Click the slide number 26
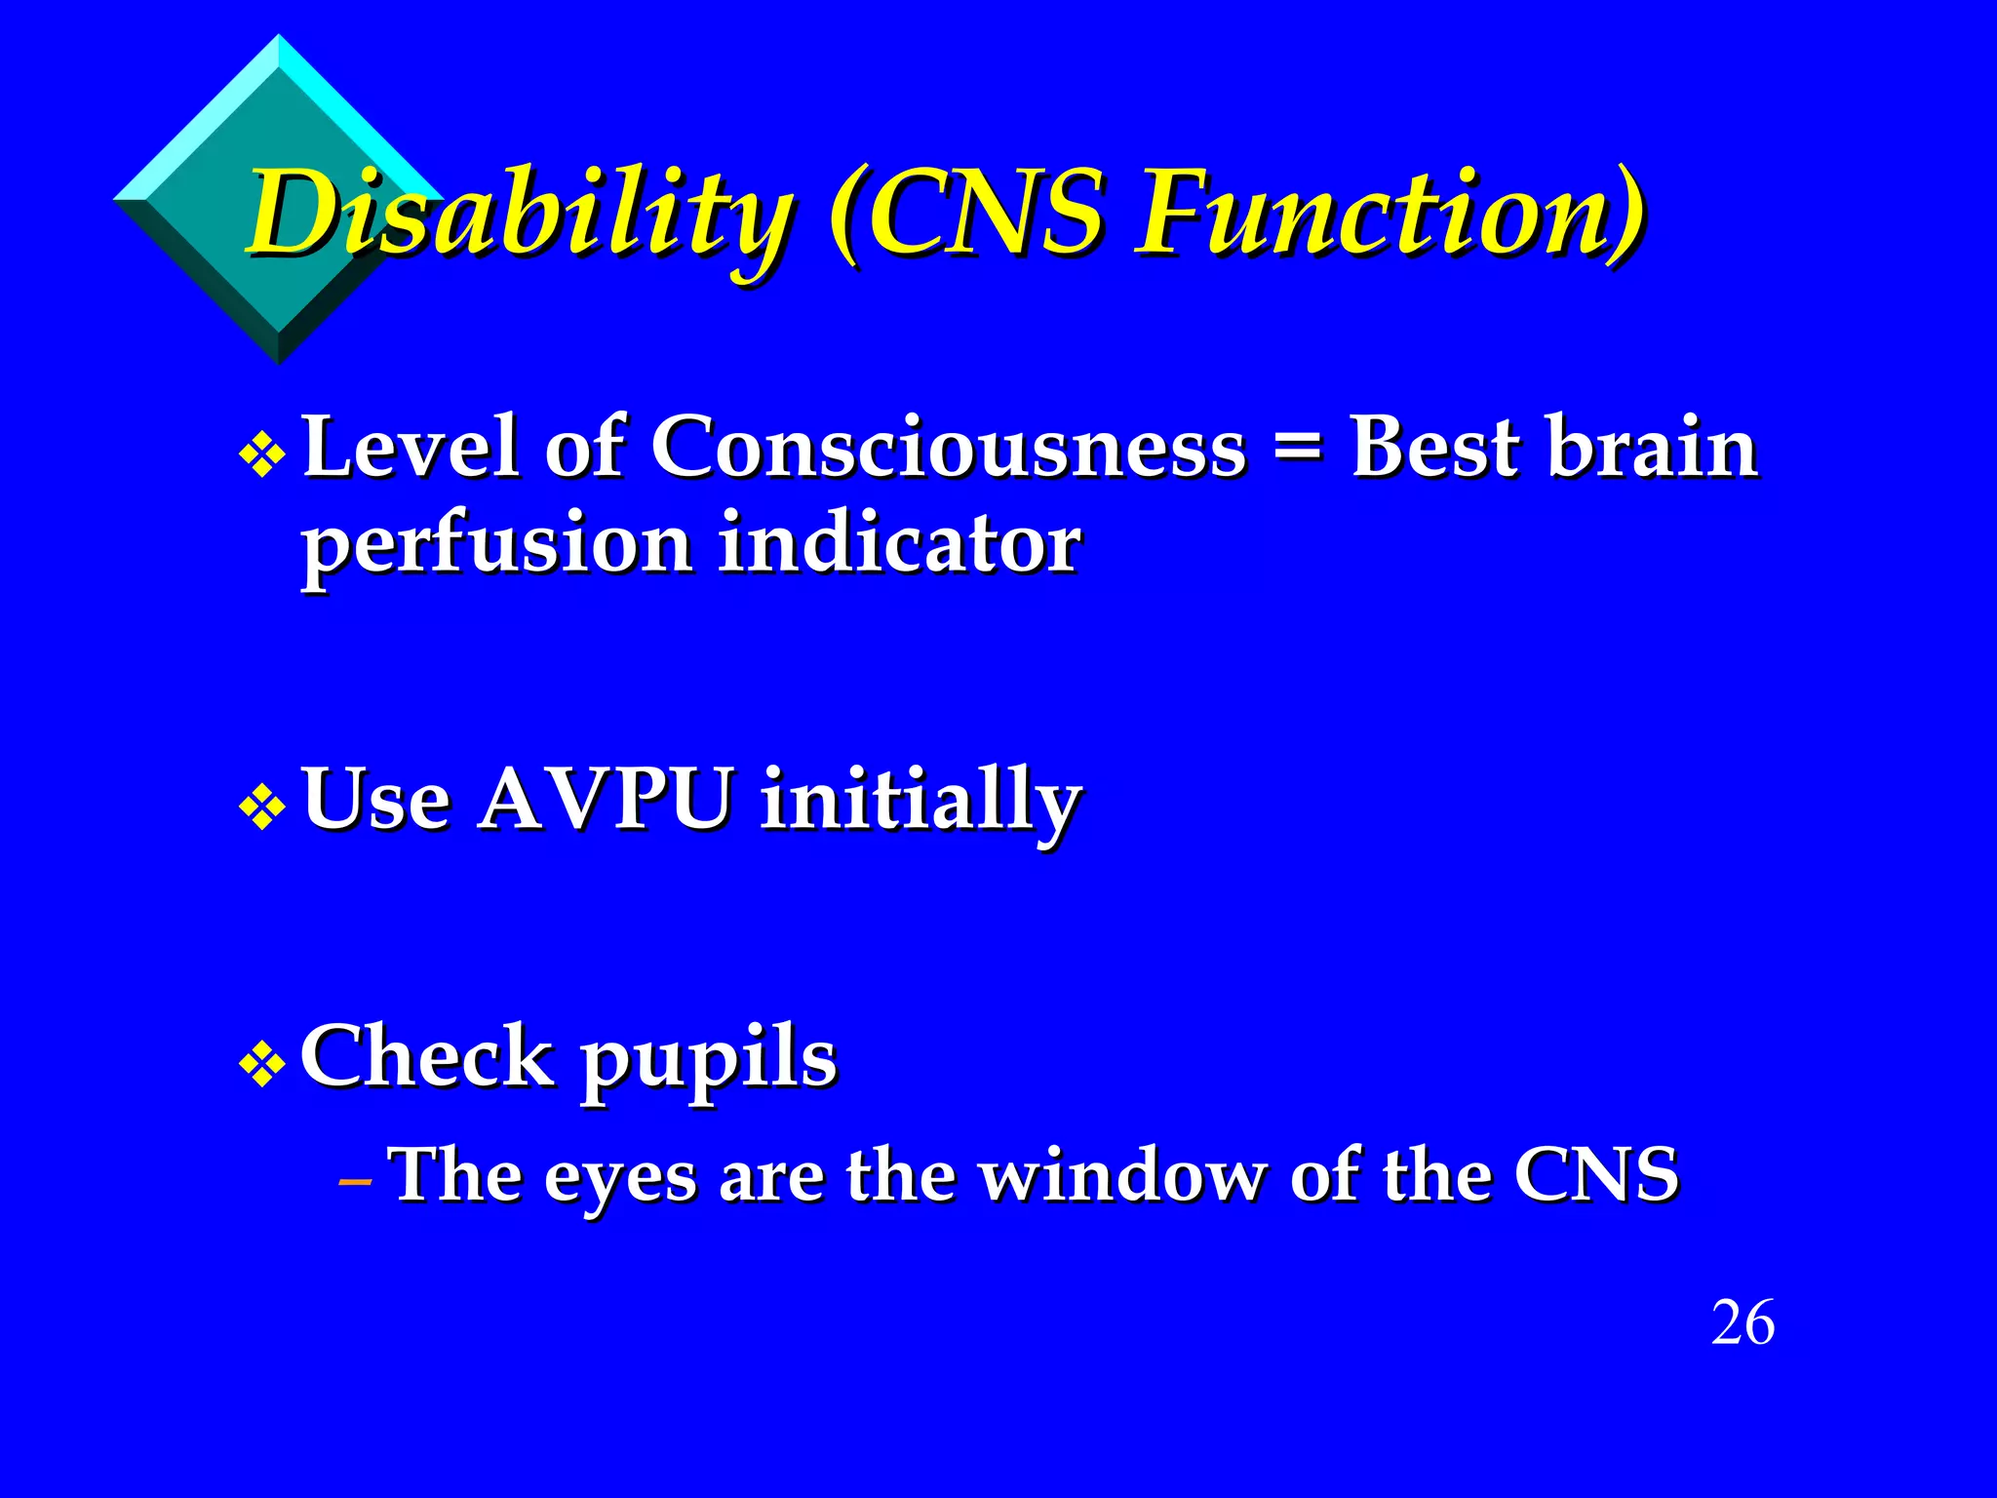click(x=1742, y=1323)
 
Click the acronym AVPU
click(x=605, y=800)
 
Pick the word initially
click(x=920, y=802)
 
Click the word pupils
click(x=709, y=1059)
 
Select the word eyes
click(x=620, y=1178)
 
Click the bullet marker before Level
click(x=262, y=454)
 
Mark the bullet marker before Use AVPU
click(x=262, y=807)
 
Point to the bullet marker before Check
click(x=262, y=1065)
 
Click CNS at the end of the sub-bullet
click(x=1595, y=1174)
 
